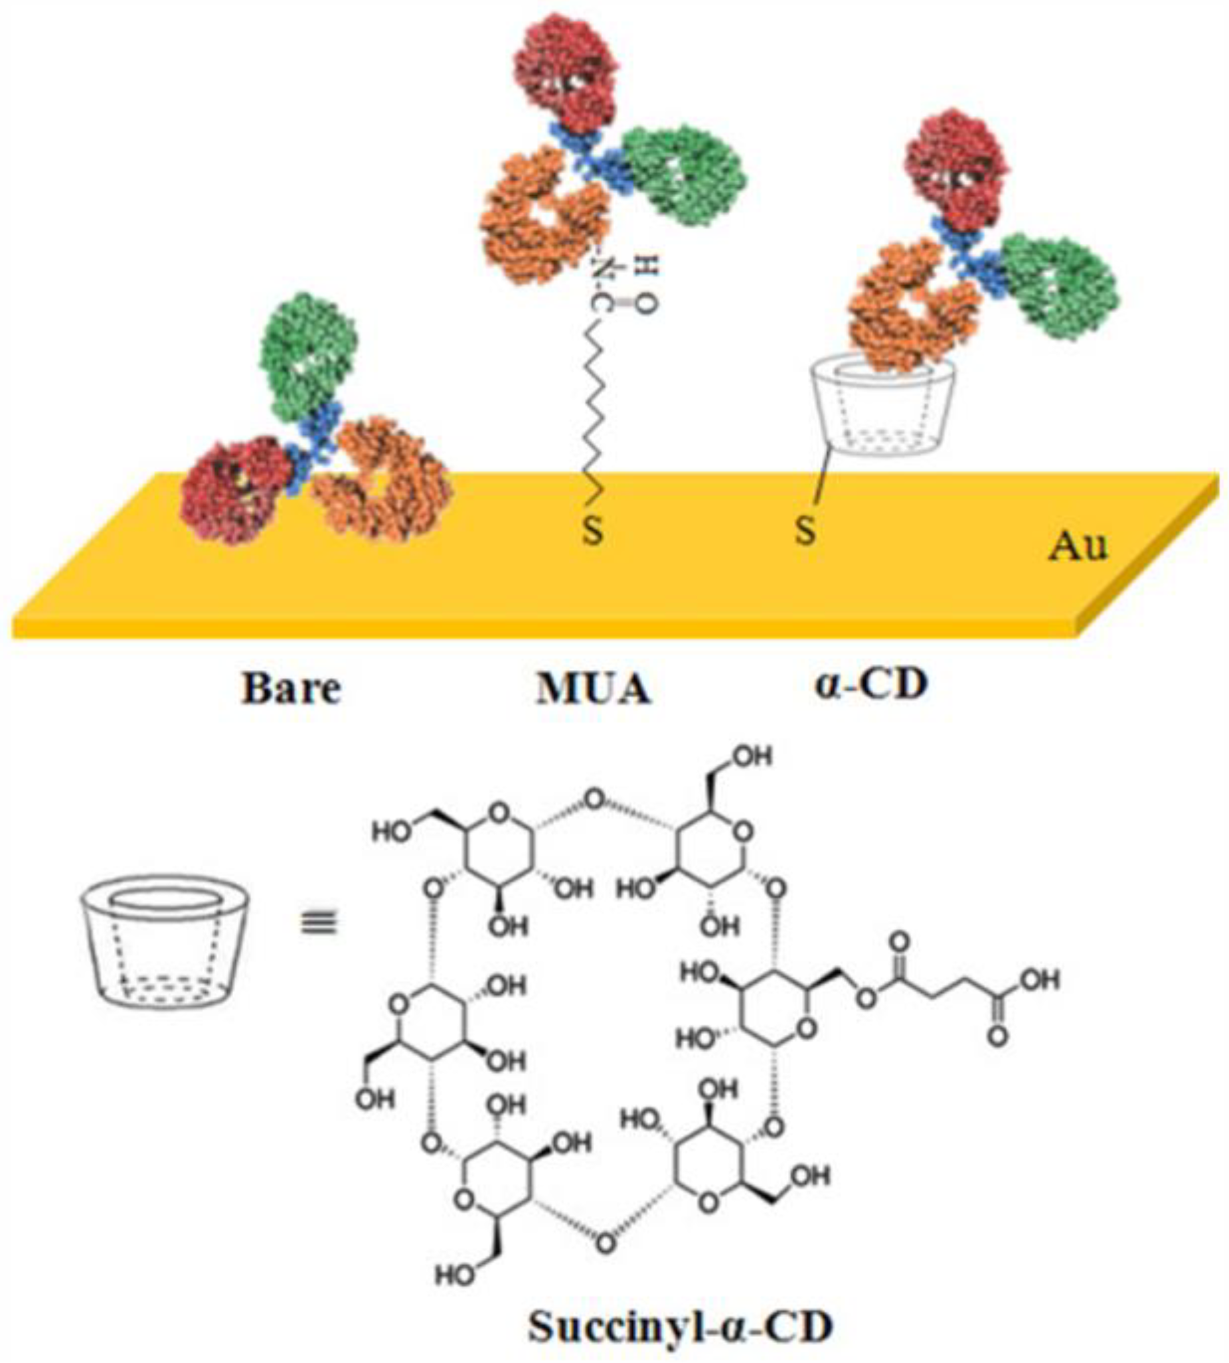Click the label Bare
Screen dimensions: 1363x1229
tap(291, 689)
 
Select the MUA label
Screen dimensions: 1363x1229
tap(593, 689)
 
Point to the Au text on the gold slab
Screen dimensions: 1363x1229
tap(1078, 546)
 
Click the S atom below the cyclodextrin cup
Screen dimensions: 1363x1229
tap(805, 531)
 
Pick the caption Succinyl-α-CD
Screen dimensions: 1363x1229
tap(679, 1327)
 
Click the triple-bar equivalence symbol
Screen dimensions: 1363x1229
tap(318, 923)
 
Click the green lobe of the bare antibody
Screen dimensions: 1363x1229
tap(309, 355)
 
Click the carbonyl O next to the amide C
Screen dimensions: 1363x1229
tap(646, 306)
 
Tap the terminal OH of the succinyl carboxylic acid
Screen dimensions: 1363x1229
tap(1040, 979)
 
